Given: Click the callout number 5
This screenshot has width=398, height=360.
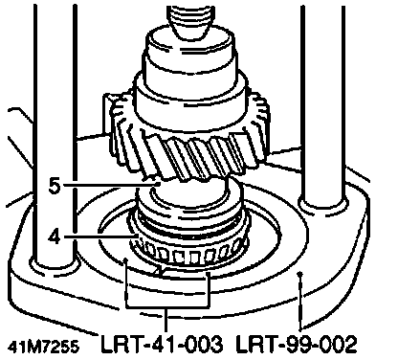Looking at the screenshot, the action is tap(55, 186).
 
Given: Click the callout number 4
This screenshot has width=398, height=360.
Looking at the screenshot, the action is tap(55, 237).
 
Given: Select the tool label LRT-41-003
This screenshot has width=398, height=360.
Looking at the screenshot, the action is tap(162, 344).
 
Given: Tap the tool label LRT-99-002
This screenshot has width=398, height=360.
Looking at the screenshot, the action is tap(296, 344).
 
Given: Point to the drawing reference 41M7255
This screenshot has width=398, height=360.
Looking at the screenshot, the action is tap(43, 347).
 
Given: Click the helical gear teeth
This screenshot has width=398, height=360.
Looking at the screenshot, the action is tap(190, 146).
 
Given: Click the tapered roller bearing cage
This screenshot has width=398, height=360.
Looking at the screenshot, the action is tap(188, 252).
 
